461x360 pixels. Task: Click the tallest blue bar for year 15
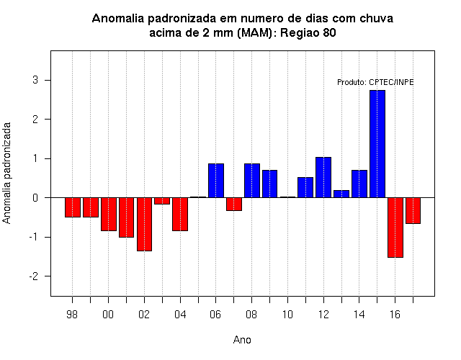[x=377, y=144]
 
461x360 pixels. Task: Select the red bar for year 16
[x=395, y=228]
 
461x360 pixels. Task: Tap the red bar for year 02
[x=144, y=224]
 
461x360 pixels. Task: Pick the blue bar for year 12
[x=323, y=178]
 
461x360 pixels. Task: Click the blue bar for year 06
[x=216, y=181]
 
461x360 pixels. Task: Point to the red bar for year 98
[x=73, y=207]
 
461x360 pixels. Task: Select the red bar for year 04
[x=180, y=215]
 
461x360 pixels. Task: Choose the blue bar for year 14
[x=359, y=184]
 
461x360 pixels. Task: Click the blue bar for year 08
[x=252, y=181]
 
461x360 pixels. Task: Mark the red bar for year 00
[x=109, y=215]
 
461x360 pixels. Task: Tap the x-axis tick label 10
[x=287, y=315]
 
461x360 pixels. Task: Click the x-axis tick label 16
[x=395, y=315]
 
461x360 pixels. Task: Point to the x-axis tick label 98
[x=72, y=315]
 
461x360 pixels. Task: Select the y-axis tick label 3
[x=35, y=80]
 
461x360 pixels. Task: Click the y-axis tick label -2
[x=34, y=276]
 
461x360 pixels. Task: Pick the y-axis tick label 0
[x=35, y=198]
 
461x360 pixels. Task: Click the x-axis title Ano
[x=242, y=340]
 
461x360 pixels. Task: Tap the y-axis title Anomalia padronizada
[x=6, y=173]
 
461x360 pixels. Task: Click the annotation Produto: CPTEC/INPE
[x=375, y=82]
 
